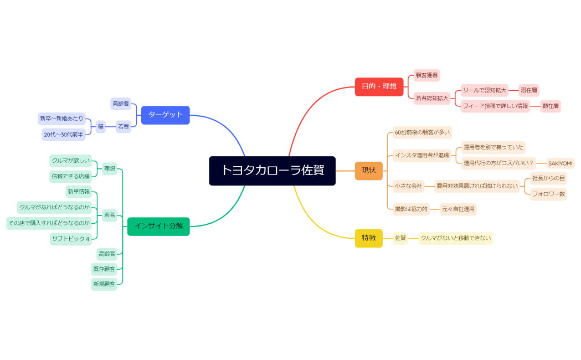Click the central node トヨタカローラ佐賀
point(272,171)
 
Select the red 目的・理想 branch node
point(379,86)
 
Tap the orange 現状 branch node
point(368,171)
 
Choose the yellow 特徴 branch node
point(368,238)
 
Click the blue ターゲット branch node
point(165,115)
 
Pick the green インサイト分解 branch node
point(158,226)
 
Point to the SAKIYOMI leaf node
point(560,163)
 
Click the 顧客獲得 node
point(426,75)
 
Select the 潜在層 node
point(529,90)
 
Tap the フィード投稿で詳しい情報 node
point(495,106)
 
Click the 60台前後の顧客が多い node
point(422,132)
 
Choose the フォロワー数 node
point(548,194)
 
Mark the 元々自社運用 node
point(458,209)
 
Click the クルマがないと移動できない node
point(455,238)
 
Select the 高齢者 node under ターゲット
point(121,104)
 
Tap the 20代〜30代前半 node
point(64,135)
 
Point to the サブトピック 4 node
point(70,239)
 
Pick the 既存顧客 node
point(104,269)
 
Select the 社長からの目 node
point(548,178)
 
